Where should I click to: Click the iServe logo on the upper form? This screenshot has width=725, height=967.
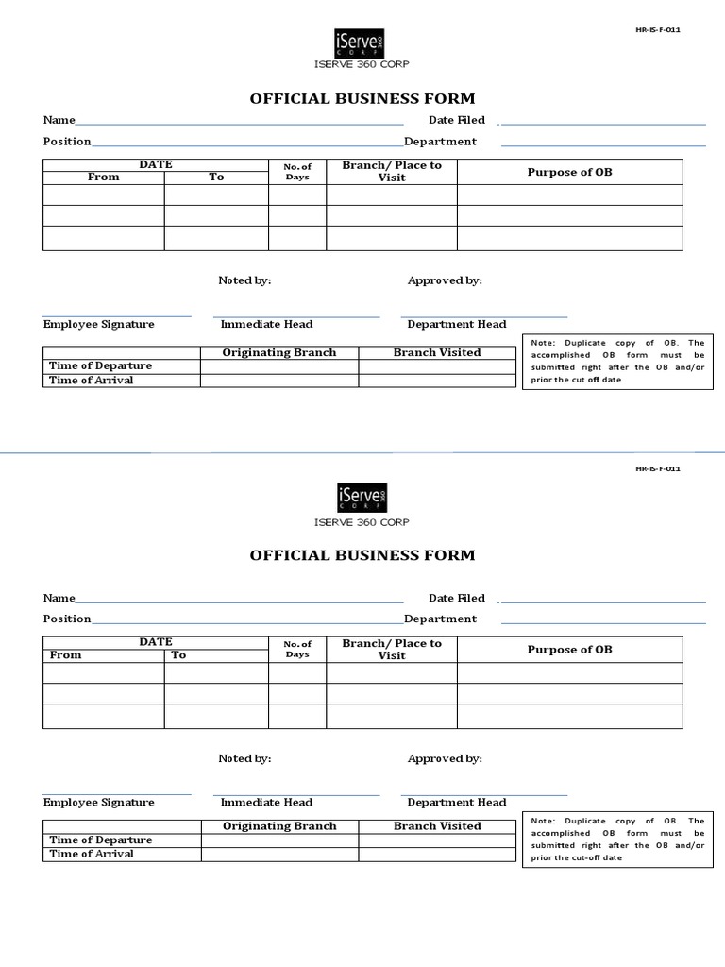pos(360,42)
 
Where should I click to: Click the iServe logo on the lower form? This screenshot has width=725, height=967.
pos(362,498)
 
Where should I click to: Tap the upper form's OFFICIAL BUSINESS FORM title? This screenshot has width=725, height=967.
pos(362,98)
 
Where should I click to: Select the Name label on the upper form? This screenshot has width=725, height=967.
pos(59,120)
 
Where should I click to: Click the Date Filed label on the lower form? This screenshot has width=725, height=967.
pos(456,598)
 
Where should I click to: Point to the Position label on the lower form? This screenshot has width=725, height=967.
pos(67,619)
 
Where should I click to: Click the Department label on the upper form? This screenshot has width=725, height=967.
pos(440,142)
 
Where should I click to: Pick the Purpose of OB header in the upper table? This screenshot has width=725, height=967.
pos(569,172)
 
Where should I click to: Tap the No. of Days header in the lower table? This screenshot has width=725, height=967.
pos(297,649)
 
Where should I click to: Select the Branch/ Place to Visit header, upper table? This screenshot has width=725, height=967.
pos(392,171)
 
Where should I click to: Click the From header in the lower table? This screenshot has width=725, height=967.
pos(66,654)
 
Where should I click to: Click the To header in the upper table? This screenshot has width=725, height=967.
pos(216,177)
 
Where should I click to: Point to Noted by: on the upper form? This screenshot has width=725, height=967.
pos(244,280)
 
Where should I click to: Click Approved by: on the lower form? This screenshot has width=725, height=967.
pos(445,758)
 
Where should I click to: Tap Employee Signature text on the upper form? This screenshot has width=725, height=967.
pos(98,324)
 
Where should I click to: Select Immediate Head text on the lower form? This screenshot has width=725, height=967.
pos(266,802)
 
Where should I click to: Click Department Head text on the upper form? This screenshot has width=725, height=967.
pos(456,324)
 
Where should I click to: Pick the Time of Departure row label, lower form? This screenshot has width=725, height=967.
pos(100,840)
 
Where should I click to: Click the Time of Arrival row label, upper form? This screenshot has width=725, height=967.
pos(91,381)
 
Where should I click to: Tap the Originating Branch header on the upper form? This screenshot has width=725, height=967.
pos(278,352)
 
